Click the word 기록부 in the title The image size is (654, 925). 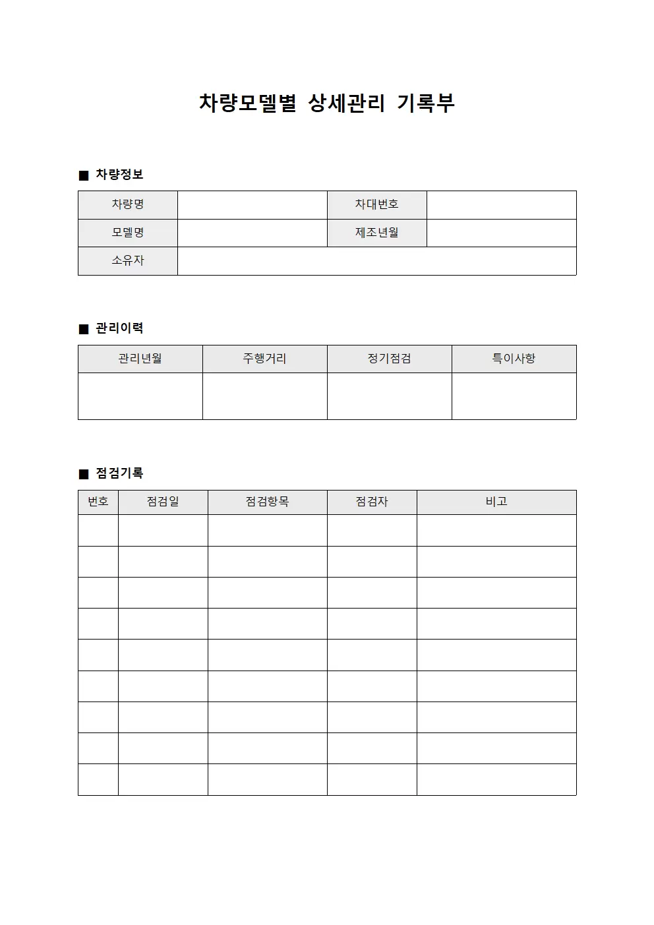[x=426, y=103]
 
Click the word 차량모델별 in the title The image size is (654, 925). [x=248, y=103]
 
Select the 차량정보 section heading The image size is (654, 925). [x=119, y=175]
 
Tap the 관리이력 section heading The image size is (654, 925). [x=119, y=328]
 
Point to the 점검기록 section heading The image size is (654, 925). [x=119, y=473]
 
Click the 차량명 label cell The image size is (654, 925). [x=128, y=204]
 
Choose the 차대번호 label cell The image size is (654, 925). [x=376, y=204]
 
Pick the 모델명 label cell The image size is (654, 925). [x=128, y=233]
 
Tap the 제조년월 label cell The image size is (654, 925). [x=376, y=233]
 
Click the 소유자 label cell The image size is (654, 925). [x=128, y=260]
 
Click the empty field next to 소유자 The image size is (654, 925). [x=376, y=261]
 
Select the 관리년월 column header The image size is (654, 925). [x=140, y=359]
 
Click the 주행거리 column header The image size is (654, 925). [x=264, y=359]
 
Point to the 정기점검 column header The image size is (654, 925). [x=389, y=359]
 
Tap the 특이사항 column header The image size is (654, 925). [x=514, y=359]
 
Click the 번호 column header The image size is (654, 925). [x=98, y=502]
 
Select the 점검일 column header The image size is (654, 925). [x=163, y=502]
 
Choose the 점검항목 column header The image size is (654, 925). [x=267, y=502]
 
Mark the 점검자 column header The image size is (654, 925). [x=372, y=502]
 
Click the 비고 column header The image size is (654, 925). [x=496, y=502]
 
